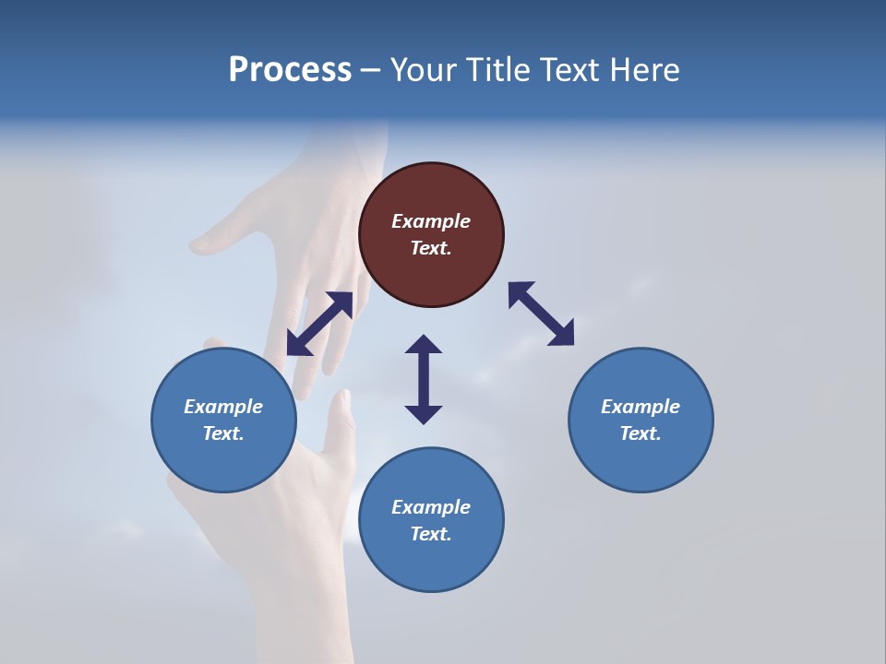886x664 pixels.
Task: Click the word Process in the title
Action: point(290,70)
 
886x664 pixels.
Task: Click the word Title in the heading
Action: point(498,70)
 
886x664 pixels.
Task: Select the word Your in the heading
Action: point(425,70)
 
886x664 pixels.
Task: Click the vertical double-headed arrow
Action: point(424,379)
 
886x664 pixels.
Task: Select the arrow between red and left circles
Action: point(320,324)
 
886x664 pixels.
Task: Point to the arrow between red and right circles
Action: point(541,314)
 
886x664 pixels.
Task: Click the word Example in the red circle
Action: point(431,221)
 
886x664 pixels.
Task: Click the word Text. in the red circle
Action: point(431,248)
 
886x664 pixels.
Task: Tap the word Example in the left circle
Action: point(223,407)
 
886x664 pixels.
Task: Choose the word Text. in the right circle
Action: point(641,433)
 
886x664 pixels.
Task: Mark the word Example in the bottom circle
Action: point(431,507)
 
